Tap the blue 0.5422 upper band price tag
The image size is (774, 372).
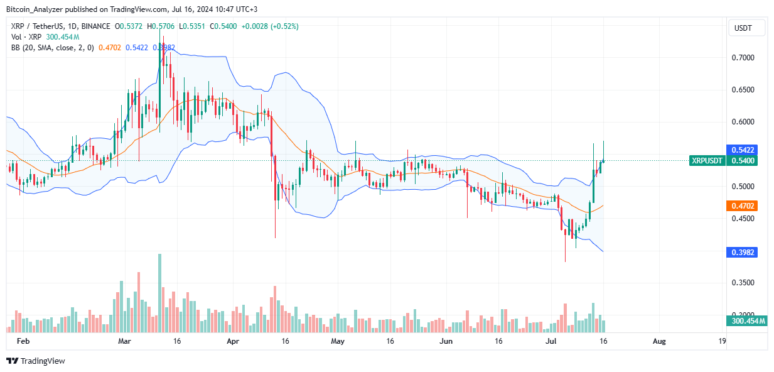741,150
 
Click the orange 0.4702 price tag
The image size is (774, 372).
741,205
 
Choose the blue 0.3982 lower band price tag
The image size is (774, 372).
741,252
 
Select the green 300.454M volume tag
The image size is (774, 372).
748,321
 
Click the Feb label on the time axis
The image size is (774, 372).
23,341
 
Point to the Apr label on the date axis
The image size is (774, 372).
233,341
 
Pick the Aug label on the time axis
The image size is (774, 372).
659,341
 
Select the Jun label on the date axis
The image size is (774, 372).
446,341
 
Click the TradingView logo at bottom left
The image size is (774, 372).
36,361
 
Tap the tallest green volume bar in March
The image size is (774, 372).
159,293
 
